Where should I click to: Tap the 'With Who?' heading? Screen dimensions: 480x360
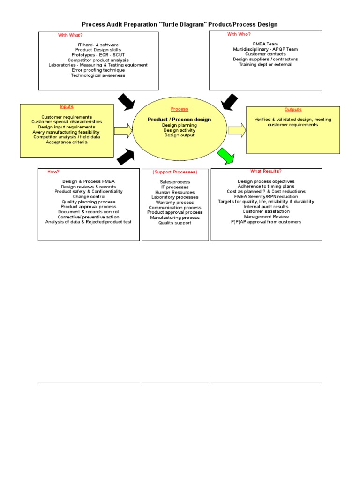pyautogui.click(x=239, y=34)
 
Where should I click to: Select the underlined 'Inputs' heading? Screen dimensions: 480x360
pyautogui.click(x=67, y=107)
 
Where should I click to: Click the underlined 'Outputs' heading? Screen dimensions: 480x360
pyautogui.click(x=293, y=110)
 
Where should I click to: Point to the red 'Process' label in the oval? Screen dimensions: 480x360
pyautogui.click(x=180, y=109)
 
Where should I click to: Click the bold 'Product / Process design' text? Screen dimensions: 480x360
pyautogui.click(x=179, y=120)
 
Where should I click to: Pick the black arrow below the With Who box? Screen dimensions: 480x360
pyautogui.click(x=229, y=102)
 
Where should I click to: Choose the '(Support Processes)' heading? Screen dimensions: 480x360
pyautogui.click(x=175, y=172)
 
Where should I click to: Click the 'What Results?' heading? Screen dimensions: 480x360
pyautogui.click(x=266, y=171)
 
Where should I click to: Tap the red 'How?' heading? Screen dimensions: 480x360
pyautogui.click(x=53, y=172)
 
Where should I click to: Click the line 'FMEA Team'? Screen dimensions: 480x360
pyautogui.click(x=265, y=44)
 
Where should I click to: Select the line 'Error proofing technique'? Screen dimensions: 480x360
pyautogui.click(x=98, y=70)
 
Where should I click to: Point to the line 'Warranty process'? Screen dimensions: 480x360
pyautogui.click(x=175, y=202)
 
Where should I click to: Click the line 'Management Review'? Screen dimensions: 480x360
pyautogui.click(x=266, y=217)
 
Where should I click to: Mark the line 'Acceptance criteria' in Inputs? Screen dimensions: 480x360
pyautogui.click(x=67, y=142)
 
